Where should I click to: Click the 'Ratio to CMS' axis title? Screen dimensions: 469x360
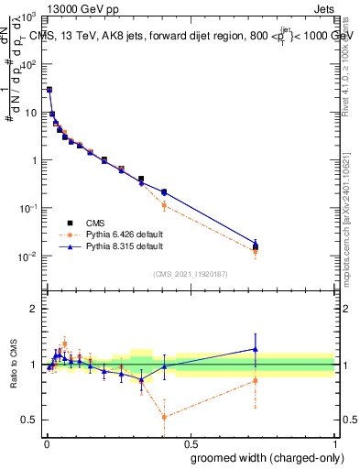pyautogui.click(x=14, y=365)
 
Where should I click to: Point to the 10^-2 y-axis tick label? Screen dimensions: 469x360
pyautogui.click(x=27, y=256)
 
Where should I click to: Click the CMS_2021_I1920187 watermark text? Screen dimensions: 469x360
pyautogui.click(x=190, y=273)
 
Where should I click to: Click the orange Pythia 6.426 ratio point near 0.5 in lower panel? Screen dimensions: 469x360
pyautogui.click(x=164, y=417)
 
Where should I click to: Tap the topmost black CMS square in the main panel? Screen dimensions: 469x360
pyautogui.click(x=49, y=90)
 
